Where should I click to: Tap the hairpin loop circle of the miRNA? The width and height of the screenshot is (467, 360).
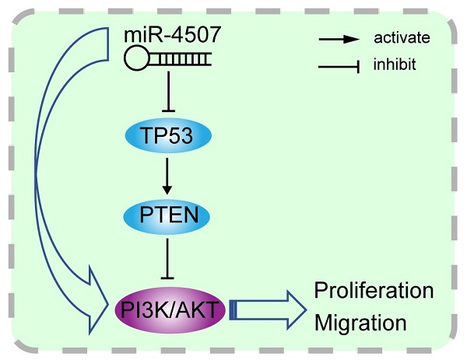click(139, 58)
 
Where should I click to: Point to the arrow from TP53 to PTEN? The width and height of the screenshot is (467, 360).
click(165, 175)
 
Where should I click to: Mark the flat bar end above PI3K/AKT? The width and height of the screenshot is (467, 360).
click(165, 276)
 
